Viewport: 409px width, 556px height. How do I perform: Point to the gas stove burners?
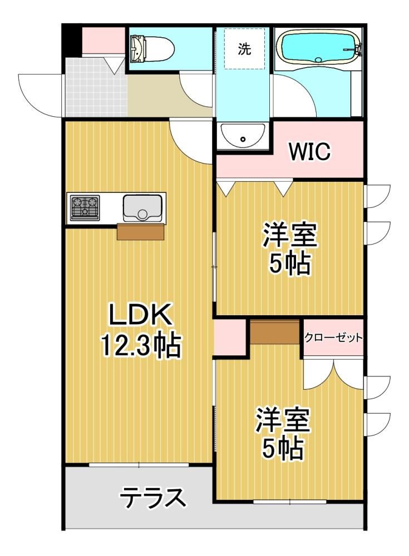[x=85, y=207]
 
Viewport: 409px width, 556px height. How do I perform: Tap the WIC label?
[x=309, y=152]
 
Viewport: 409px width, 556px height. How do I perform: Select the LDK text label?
[x=140, y=315]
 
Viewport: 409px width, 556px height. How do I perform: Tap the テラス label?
[x=152, y=497]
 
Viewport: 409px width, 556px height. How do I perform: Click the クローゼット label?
[x=333, y=337]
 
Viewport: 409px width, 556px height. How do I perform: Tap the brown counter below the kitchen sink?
[x=141, y=231]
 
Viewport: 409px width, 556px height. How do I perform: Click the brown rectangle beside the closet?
[x=275, y=332]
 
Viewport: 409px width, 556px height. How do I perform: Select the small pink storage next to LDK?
[x=230, y=337]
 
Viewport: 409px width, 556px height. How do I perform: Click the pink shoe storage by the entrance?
[x=104, y=41]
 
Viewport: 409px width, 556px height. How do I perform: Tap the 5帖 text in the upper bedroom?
[x=289, y=264]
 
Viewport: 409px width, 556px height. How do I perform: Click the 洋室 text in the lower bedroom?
[x=283, y=420]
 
